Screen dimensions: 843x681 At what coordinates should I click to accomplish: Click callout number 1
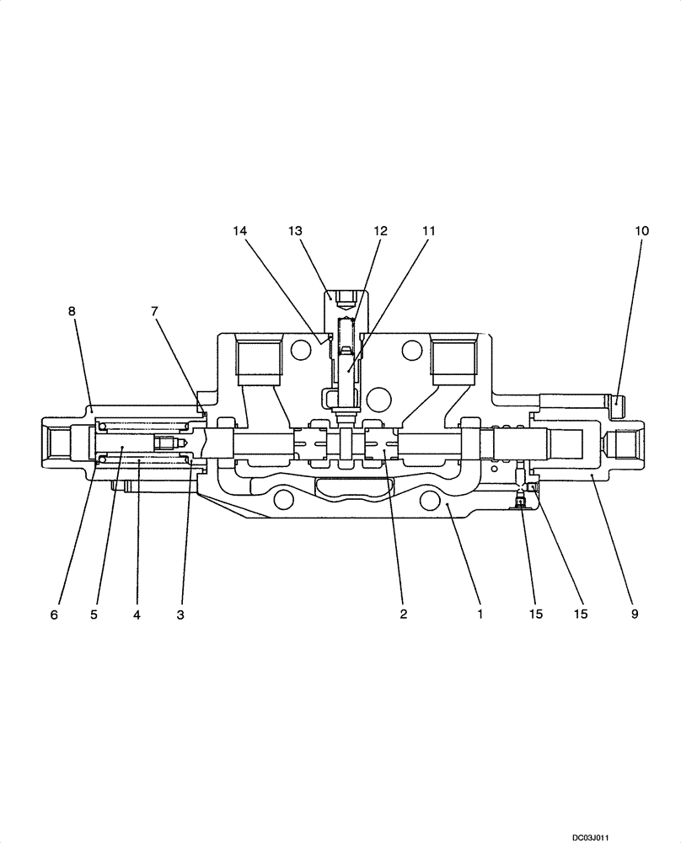(480, 615)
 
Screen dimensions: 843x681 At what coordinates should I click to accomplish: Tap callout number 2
(404, 615)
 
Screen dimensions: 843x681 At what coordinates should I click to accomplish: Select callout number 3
(180, 615)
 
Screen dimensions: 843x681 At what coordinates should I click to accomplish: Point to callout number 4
(137, 615)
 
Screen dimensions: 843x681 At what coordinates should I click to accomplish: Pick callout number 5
(94, 615)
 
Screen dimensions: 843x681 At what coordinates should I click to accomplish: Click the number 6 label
(54, 615)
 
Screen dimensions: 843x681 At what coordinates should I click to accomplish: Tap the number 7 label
(154, 311)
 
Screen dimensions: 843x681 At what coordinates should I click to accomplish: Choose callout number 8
(72, 311)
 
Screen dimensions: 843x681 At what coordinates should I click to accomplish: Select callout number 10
(642, 230)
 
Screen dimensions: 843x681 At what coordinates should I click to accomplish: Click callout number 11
(430, 230)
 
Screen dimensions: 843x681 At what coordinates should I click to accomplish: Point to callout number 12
(381, 230)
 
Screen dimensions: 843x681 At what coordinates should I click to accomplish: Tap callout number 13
(294, 230)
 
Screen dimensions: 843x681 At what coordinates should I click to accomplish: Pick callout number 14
(240, 230)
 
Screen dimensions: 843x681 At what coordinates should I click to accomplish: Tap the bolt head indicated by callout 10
(616, 405)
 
